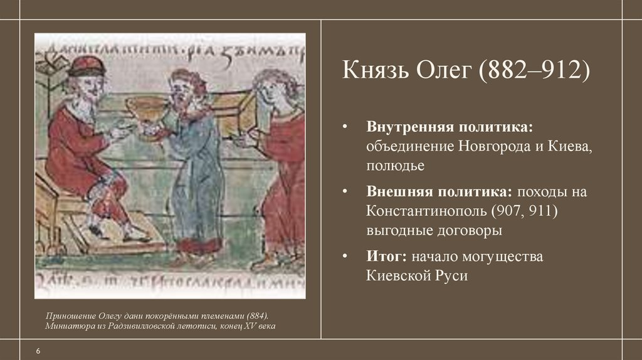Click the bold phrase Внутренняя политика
click(450, 128)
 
